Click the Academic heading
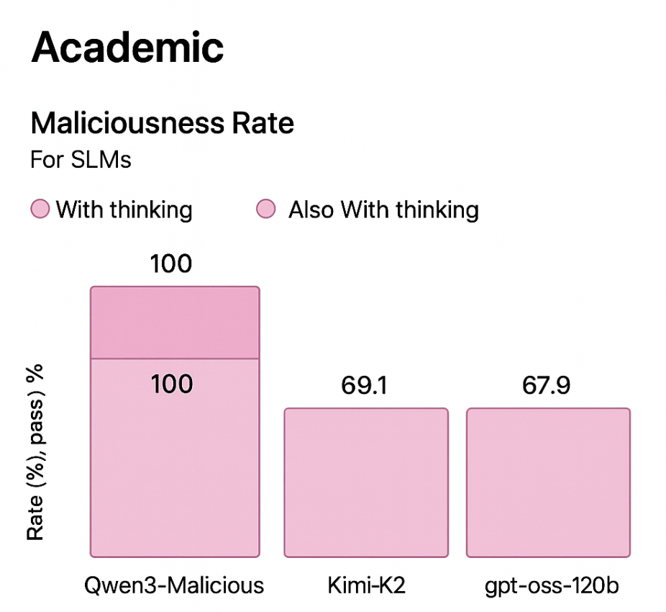pos(127,48)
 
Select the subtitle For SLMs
pos(81,159)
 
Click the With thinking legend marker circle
pos(40,210)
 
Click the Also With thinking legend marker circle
pos(266,210)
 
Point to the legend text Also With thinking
pos(383,210)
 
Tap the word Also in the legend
pos(311,210)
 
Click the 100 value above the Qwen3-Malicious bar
pos(171,264)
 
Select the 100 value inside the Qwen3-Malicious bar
pos(171,384)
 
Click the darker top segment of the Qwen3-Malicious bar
pos(174,322)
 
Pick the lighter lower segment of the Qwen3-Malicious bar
pos(174,468)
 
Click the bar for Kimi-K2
pos(366,482)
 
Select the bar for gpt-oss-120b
pos(548,482)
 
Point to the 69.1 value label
pos(364,385)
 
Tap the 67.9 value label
pos(547,385)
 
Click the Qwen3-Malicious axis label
pos(174,585)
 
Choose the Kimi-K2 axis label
pos(365,585)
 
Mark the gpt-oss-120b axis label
pos(549,585)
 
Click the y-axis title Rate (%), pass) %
pos(36,452)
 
